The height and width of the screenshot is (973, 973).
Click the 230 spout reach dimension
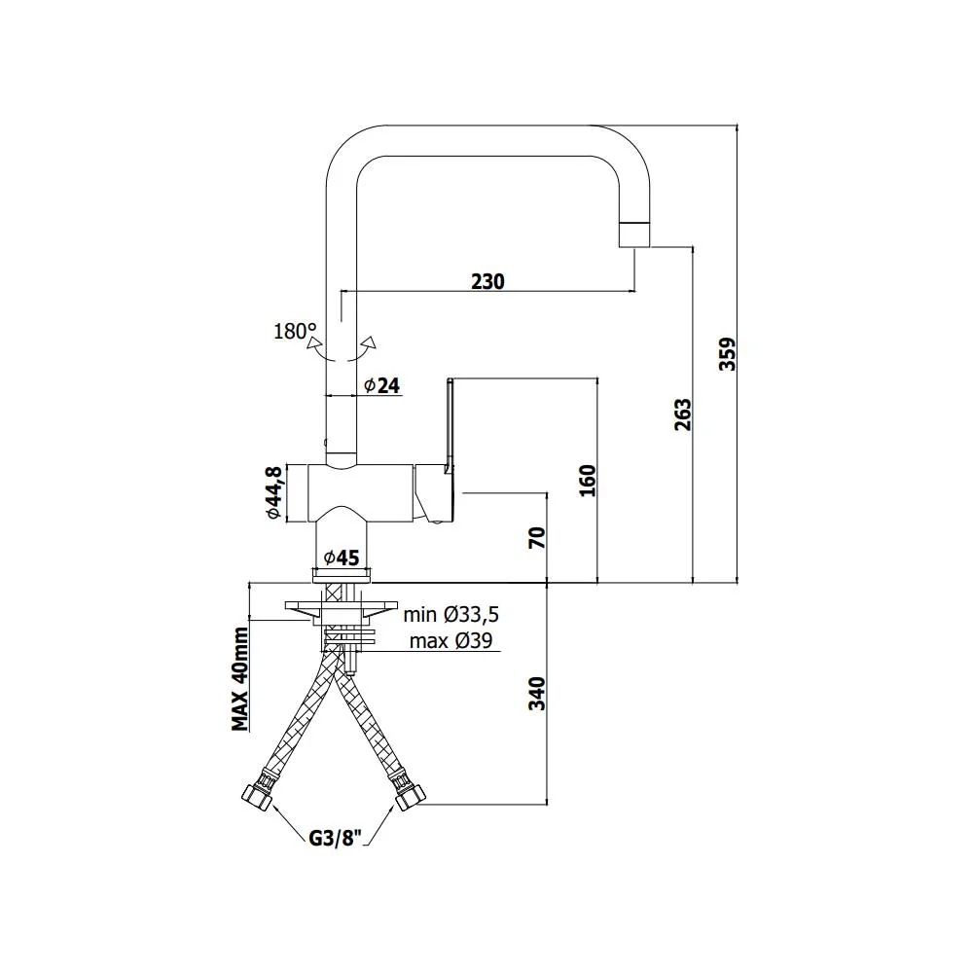point(487,281)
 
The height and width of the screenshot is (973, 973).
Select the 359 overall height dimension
point(727,354)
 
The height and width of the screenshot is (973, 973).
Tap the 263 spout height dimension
point(682,415)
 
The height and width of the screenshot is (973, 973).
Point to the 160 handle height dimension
point(587,481)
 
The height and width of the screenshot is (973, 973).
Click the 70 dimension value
point(537,537)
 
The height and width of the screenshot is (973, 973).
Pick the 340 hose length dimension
point(536,694)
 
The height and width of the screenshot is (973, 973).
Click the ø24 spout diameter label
point(382,385)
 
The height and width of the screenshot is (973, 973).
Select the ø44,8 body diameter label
point(273,492)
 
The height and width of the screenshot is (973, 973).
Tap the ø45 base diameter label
point(342,558)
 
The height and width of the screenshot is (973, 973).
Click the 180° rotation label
point(295,332)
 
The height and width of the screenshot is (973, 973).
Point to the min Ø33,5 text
point(451,614)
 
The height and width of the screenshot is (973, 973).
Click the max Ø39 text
point(451,640)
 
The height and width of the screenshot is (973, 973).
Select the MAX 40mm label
point(240,679)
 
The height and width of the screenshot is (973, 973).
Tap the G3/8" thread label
point(335,839)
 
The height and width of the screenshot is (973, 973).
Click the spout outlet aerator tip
point(634,234)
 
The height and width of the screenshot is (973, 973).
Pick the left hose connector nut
point(257,797)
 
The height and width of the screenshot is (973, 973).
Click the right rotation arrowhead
point(371,342)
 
